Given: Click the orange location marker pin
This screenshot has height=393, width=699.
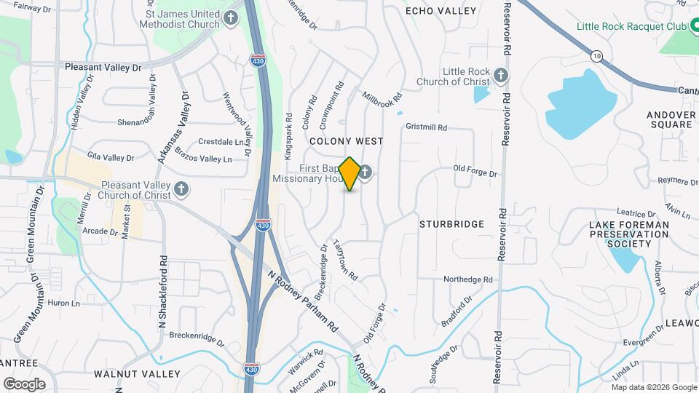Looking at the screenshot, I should tap(349, 174).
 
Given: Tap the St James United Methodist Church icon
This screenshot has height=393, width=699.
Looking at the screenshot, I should tap(232, 17).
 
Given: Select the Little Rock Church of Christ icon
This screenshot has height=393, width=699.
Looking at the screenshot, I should tap(500, 75).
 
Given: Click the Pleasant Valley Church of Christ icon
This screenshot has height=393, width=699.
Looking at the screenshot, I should tap(181, 190).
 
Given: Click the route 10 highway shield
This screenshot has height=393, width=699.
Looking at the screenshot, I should tap(597, 55).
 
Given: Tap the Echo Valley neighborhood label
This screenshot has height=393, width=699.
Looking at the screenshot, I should tap(441, 11).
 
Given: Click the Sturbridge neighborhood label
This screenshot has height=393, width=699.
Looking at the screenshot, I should tap(451, 224).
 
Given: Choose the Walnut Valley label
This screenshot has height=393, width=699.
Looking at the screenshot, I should tap(137, 373).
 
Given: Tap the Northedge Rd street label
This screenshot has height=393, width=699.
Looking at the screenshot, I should tap(468, 279).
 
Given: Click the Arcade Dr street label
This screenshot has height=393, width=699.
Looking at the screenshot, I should tap(100, 232).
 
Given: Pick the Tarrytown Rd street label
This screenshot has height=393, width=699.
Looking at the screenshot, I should tap(345, 261).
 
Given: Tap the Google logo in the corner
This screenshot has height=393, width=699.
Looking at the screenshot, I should tap(24, 384).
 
